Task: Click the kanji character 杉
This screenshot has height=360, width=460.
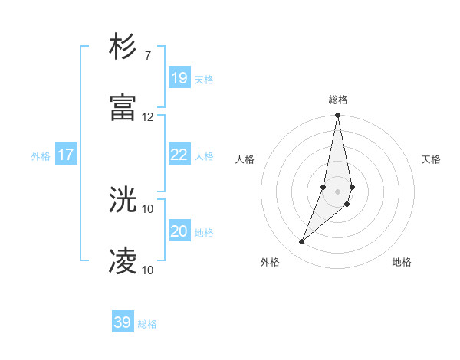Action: point(123,47)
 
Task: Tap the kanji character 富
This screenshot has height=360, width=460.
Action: point(123,107)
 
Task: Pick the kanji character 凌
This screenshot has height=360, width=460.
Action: point(123,261)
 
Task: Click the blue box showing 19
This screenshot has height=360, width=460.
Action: point(179,78)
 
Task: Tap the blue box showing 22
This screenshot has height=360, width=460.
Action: point(179,155)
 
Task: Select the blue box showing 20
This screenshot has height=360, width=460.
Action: point(179,232)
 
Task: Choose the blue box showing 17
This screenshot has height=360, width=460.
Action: point(66,155)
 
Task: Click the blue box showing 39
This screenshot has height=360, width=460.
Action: point(123,322)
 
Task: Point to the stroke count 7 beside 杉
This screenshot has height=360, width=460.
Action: point(148,55)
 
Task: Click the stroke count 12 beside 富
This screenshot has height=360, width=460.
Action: point(148,116)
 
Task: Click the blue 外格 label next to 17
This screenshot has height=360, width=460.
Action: point(41,155)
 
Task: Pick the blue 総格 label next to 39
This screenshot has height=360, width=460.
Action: point(148,323)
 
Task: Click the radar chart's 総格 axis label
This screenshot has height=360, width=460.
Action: point(338,100)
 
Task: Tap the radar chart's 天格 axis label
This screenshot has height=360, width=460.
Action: point(432,159)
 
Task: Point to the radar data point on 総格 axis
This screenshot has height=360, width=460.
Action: point(337,116)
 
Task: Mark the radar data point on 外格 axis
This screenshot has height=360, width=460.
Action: point(302,242)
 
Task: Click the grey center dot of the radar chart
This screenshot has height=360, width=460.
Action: point(337,191)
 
